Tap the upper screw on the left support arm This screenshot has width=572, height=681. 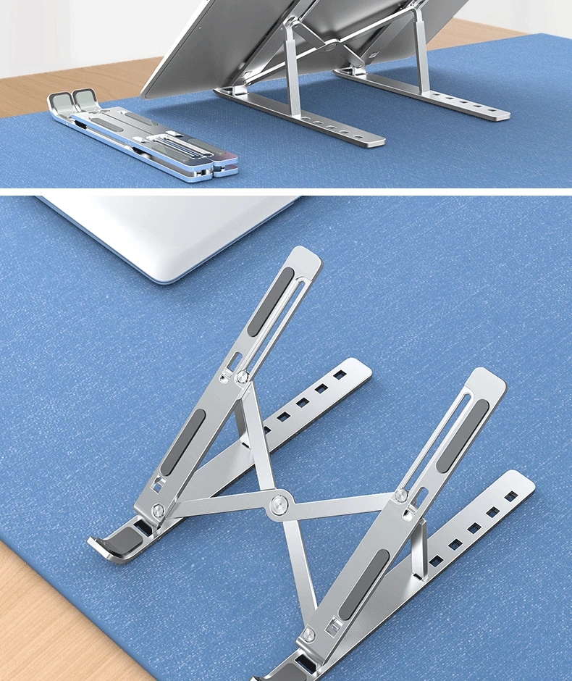pyautogui.click(x=242, y=376)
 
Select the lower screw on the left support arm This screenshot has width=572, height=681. pyautogui.click(x=159, y=511)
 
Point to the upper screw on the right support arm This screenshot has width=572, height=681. pyautogui.click(x=400, y=496)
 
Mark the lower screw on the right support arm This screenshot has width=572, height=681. pyautogui.click(x=308, y=635)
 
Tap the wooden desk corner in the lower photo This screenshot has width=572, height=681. pyautogui.click(x=43, y=623)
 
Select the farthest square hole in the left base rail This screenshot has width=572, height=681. pyautogui.click(x=340, y=375)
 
